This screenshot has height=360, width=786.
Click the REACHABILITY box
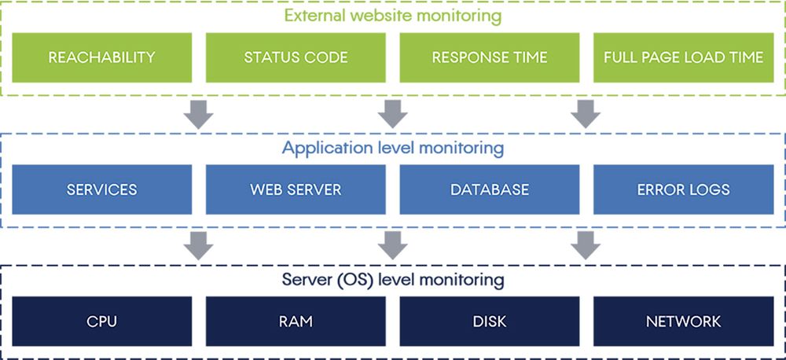pos(101,57)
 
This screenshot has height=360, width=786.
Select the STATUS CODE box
pos(296,57)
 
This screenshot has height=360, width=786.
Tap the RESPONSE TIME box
pos(489,57)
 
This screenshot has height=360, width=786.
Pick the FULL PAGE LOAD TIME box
pos(683,57)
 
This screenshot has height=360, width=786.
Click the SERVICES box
pos(101,189)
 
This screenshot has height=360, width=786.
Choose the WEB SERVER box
pos(296,189)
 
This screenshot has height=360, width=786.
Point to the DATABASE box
pos(489,189)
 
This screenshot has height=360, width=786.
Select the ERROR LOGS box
pos(683,189)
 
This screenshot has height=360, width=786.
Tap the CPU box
pos(101,321)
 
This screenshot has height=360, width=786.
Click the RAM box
pos(296,321)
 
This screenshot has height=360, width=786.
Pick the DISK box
pos(489,321)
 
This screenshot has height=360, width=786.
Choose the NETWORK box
pos(683,321)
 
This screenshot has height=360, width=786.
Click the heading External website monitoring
pos(394,14)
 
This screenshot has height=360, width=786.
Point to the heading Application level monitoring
pos(394,147)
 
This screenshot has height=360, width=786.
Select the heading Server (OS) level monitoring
pos(394,279)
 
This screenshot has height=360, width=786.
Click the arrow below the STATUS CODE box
pos(392,115)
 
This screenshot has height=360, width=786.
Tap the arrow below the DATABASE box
pos(586,246)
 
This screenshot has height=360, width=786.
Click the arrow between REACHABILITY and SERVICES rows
pos(199,115)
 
